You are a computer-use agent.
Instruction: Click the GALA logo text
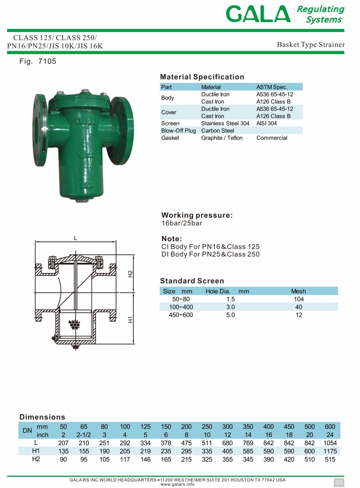(x=258, y=14)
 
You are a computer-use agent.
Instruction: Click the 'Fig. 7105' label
(x=38, y=61)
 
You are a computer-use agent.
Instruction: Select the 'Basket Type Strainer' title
(x=310, y=45)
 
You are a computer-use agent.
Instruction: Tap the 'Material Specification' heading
(x=202, y=77)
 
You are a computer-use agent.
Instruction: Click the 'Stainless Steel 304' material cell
(x=225, y=123)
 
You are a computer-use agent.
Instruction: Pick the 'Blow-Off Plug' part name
(x=178, y=130)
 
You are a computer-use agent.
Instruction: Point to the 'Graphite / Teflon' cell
(x=221, y=138)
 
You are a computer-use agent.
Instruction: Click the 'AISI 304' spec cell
(x=266, y=123)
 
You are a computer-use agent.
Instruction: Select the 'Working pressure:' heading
(x=197, y=215)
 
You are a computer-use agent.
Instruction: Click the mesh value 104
(x=298, y=299)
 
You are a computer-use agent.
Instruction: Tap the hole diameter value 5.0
(x=230, y=315)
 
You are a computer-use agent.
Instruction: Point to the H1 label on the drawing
(x=130, y=320)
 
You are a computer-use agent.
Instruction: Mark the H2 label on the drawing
(x=130, y=273)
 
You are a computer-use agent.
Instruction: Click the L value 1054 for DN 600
(x=330, y=443)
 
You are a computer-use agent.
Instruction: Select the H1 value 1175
(x=330, y=451)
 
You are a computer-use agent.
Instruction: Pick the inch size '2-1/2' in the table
(x=84, y=435)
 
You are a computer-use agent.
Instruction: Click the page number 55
(x=339, y=483)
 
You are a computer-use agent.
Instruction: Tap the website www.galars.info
(x=178, y=484)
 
